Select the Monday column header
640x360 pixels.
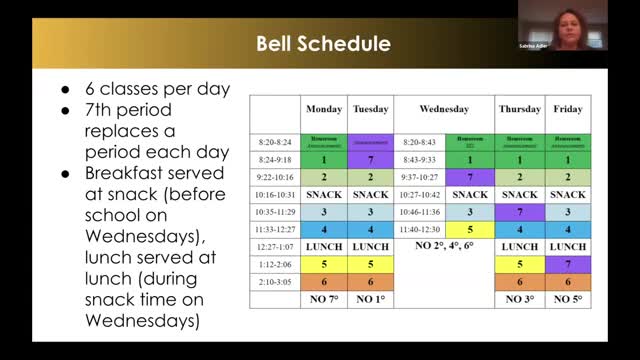[324, 108]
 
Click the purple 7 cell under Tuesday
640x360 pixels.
[370, 158]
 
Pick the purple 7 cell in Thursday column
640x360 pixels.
[520, 211]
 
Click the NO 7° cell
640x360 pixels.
[324, 299]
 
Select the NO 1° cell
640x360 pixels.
[370, 299]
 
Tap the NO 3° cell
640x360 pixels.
[520, 299]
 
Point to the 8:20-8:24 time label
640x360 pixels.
[274, 141]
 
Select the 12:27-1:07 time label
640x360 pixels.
[274, 247]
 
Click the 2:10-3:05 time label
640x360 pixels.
[274, 283]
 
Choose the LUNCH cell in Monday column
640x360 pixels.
[324, 247]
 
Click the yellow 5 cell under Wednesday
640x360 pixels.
[469, 229]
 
